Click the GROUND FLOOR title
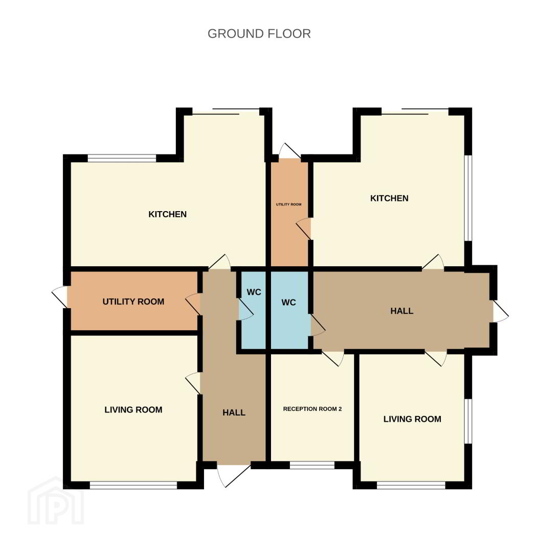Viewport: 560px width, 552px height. click(x=259, y=34)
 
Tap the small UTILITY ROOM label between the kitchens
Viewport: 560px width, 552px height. click(x=288, y=204)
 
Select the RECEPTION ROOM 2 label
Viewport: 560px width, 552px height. click(x=312, y=409)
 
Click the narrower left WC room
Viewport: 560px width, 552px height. click(x=254, y=310)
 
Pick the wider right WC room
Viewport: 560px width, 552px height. click(x=289, y=310)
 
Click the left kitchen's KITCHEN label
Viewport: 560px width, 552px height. click(x=168, y=214)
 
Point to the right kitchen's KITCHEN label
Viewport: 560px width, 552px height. click(x=389, y=198)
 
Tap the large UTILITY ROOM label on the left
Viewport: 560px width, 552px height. click(x=133, y=302)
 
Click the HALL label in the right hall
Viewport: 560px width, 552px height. click(x=402, y=311)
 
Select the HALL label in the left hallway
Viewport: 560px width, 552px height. click(x=234, y=413)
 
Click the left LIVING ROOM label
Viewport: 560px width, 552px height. click(x=133, y=410)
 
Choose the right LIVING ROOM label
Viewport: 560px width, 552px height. click(x=412, y=419)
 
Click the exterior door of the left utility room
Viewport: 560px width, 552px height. click(x=60, y=297)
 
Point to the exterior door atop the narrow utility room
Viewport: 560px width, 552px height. click(x=289, y=151)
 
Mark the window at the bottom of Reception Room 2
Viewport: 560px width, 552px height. click(x=312, y=465)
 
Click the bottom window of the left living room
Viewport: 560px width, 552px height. click(x=133, y=485)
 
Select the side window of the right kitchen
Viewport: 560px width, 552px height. click(x=468, y=198)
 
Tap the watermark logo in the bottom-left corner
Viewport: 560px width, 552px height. click(x=56, y=501)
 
